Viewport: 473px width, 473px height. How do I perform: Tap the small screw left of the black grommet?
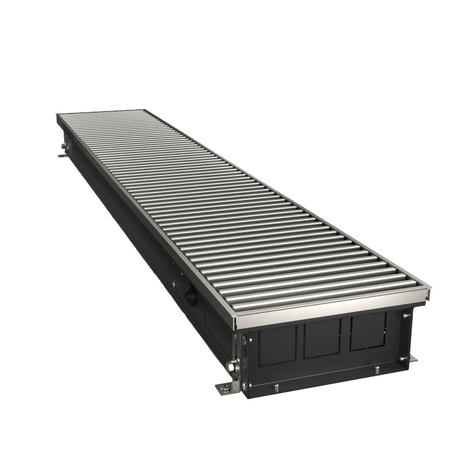pos(174,284)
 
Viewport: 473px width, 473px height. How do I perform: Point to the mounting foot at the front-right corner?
pos(409,359)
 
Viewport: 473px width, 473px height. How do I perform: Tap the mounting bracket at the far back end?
pos(63,155)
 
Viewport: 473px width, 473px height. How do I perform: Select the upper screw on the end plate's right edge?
pos(406,316)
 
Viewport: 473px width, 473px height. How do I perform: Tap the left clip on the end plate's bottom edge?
pos(276,387)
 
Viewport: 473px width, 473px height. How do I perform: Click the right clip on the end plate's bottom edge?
pos(376,370)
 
